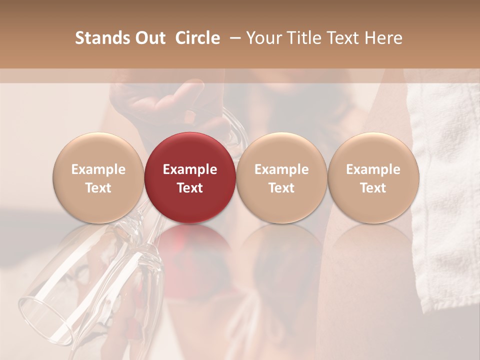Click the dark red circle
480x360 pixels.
point(190,177)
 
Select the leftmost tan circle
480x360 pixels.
point(98,177)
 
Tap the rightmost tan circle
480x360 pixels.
point(373,177)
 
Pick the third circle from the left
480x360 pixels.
point(281,177)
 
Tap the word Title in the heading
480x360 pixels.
point(306,38)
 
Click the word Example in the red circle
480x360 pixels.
point(190,169)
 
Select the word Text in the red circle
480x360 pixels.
point(190,188)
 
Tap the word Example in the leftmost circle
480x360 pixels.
point(98,169)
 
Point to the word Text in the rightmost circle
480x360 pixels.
point(373,188)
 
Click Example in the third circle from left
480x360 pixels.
point(281,169)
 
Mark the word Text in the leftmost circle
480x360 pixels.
point(98,188)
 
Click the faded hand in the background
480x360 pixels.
point(165,100)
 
